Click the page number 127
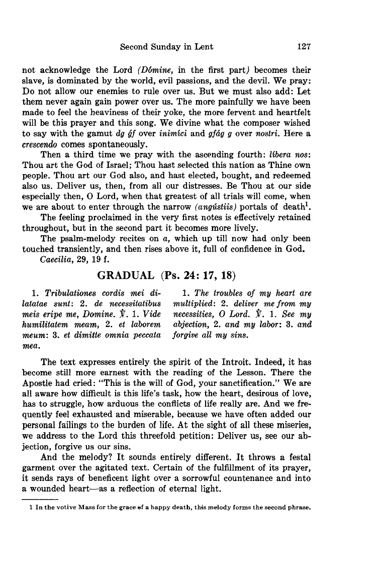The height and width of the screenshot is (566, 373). tap(305, 47)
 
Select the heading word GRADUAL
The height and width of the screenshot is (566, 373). tap(126, 275)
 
